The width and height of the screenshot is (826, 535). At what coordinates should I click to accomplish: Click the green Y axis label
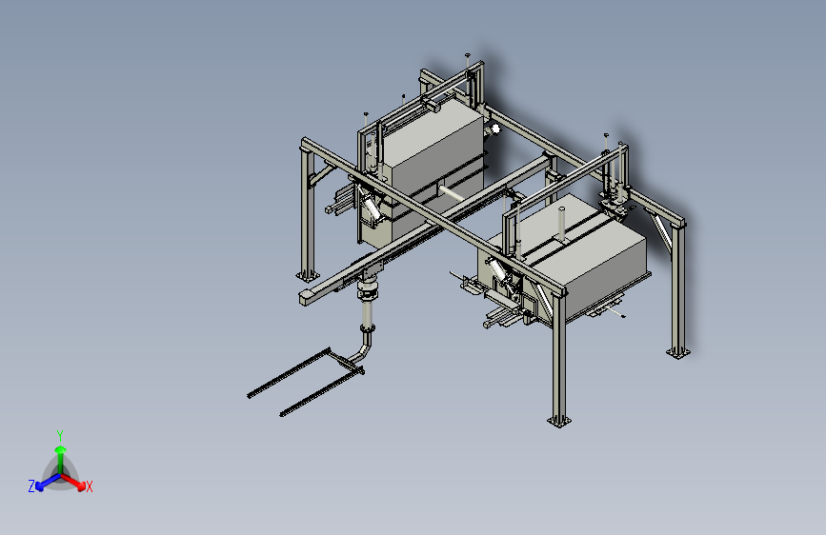[x=59, y=434]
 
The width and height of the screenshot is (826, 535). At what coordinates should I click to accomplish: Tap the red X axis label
[x=90, y=486]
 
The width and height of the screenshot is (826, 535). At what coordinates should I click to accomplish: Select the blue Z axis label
[x=31, y=485]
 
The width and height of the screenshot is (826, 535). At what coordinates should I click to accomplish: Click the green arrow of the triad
[x=60, y=451]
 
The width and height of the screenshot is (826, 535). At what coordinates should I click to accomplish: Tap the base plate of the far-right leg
[x=677, y=352]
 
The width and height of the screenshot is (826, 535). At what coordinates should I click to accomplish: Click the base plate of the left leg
[x=304, y=273]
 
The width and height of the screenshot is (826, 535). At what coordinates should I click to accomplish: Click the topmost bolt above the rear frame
[x=467, y=55]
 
